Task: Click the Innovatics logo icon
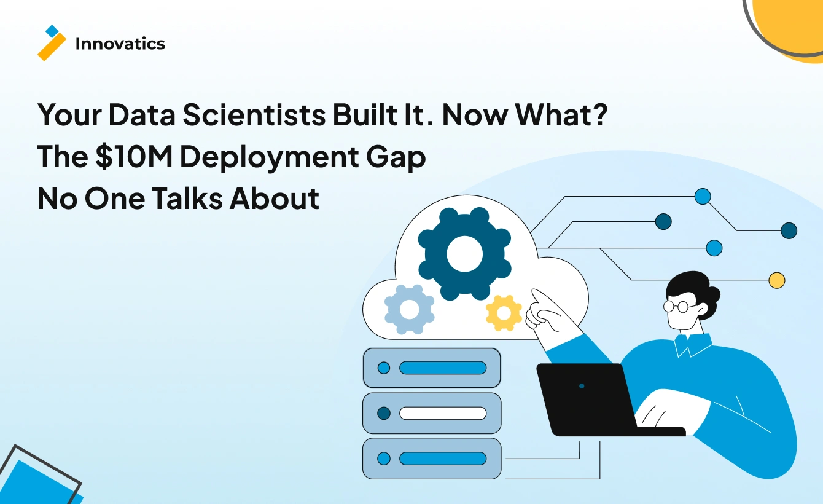52,43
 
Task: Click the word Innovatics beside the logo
120,44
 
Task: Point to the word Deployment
275,157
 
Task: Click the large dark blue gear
464,253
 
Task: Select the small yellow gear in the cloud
504,313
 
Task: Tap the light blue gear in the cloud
409,310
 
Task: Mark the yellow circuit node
777,280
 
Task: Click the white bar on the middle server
442,413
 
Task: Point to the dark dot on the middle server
384,413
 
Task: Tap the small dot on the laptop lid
582,386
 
